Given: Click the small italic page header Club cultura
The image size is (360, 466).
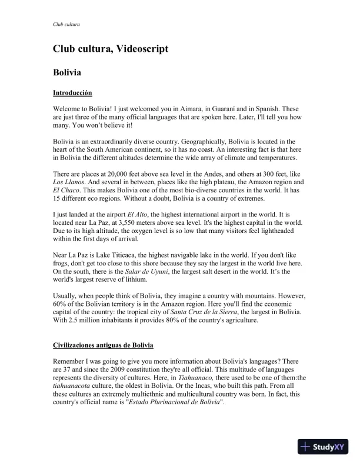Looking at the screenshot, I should pos(66,24).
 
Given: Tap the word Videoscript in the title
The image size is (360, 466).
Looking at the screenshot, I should pos(139,49).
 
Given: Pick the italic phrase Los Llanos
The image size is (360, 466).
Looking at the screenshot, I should pos(68,183).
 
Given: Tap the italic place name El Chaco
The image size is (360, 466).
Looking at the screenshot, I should pos(66,191).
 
